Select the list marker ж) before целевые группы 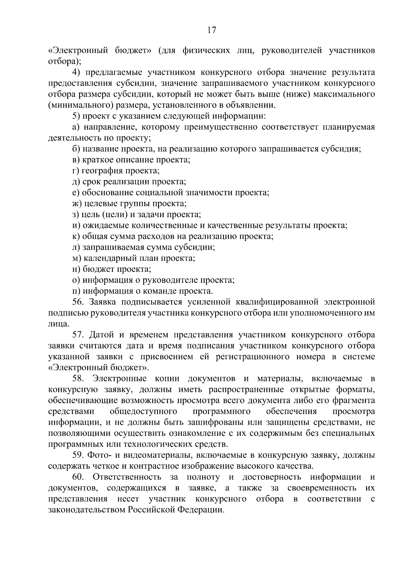(76, 204)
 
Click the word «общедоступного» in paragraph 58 (143, 411)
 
